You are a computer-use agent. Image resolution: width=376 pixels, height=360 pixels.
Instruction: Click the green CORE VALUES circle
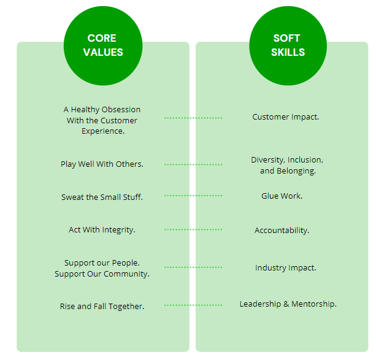coord(103,45)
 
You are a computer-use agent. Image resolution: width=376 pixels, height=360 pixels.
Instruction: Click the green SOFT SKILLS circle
coord(288,45)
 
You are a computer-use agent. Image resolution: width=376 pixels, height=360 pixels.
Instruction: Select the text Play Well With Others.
coord(102,164)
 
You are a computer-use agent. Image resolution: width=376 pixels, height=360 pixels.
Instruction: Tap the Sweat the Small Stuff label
coord(102,197)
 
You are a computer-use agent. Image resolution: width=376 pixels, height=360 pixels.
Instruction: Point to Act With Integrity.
coord(102,230)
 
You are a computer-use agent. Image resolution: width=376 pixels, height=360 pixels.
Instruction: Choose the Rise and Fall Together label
coord(102,306)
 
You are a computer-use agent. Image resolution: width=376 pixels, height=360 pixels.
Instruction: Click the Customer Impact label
coord(286,117)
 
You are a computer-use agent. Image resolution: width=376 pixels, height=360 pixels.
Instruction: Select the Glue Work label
coord(282,196)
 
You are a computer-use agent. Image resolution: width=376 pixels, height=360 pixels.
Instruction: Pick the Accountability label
coord(282,231)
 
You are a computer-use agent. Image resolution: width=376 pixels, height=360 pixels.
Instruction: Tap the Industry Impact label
coord(286,268)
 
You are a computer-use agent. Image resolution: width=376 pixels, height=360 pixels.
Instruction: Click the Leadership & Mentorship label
coord(288,304)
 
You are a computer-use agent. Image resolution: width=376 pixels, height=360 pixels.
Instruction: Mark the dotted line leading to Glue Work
coord(193,196)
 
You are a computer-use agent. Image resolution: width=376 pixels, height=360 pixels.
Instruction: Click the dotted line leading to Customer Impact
coord(193,118)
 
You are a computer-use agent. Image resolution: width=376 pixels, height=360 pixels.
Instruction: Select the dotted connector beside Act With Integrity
coord(193,230)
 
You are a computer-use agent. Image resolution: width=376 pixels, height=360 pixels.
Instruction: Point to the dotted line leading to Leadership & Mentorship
coord(193,305)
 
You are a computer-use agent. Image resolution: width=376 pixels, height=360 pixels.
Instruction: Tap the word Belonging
coord(296,171)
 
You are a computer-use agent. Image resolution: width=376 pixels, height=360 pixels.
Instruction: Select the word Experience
coord(103,131)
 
